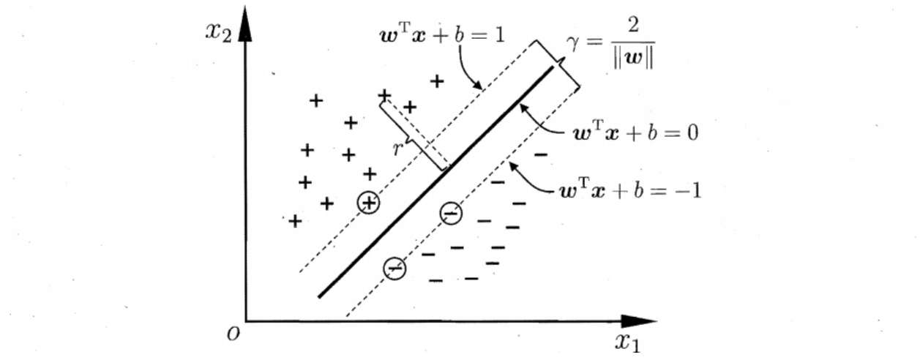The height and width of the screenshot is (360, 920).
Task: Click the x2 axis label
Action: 219,32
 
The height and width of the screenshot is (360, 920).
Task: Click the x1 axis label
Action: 627,342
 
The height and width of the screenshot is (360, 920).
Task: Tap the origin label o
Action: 233,334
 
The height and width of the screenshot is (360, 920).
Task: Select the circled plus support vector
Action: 368,203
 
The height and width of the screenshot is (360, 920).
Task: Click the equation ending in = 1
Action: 442,36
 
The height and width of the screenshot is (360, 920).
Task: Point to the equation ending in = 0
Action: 636,133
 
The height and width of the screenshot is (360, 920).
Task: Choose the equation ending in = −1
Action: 630,191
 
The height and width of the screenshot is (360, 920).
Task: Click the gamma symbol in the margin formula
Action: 573,43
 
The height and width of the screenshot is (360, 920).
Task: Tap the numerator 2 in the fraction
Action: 633,25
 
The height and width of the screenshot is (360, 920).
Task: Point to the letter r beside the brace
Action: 397,149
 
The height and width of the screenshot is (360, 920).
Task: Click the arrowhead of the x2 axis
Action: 245,24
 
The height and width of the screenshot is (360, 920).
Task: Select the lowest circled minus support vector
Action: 394,269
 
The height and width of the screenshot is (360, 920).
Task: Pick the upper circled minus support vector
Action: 451,213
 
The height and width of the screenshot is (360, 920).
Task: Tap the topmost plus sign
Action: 437,81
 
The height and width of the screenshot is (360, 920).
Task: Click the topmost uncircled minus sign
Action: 541,154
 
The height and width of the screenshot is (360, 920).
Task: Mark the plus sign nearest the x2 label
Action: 316,100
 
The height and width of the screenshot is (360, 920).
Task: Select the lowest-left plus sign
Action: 295,221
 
